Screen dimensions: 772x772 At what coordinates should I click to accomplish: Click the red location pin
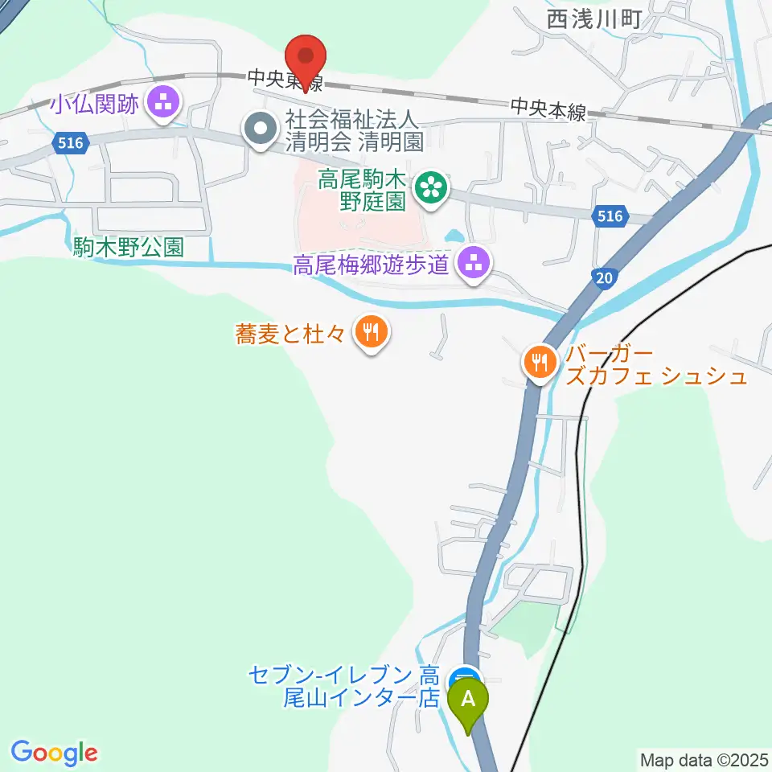point(306,56)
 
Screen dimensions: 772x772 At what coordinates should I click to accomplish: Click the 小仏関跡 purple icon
point(165,104)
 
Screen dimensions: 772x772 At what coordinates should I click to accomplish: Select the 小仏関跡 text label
point(95,104)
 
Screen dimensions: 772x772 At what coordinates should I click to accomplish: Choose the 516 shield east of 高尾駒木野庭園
point(610,215)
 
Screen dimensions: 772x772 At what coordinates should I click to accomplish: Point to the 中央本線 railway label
point(548,109)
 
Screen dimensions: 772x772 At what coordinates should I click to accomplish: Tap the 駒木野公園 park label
point(129,247)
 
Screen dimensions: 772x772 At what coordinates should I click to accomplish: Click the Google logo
point(55,753)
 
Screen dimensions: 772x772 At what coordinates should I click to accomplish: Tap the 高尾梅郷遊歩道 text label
point(370,265)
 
